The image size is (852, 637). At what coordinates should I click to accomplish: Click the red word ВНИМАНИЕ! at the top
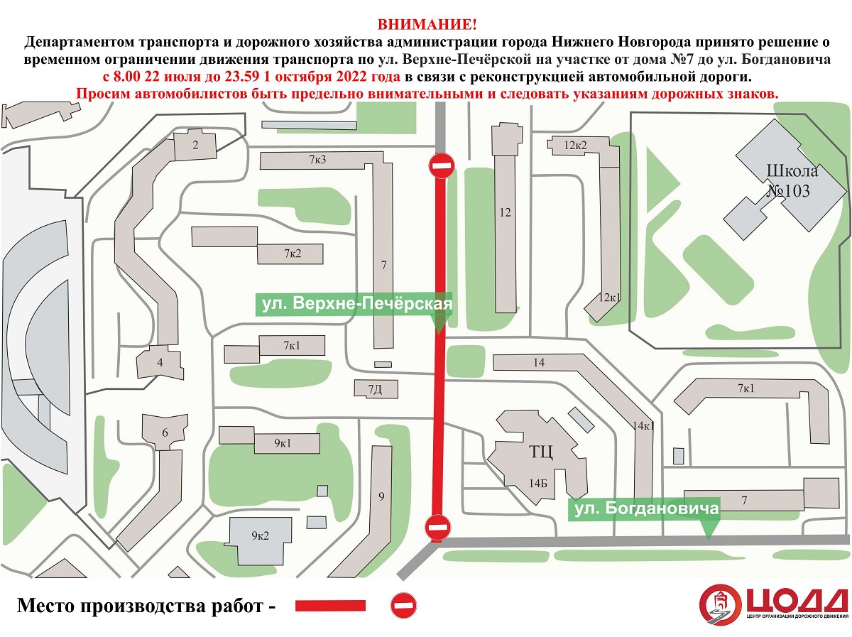(x=427, y=25)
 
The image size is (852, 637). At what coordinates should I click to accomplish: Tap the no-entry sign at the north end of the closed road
(x=442, y=165)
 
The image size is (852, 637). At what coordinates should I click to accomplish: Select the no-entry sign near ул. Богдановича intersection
(x=438, y=527)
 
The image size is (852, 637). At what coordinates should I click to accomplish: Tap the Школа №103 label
(x=792, y=181)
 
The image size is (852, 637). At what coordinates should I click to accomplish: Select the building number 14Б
(x=537, y=484)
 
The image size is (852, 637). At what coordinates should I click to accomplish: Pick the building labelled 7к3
(x=317, y=160)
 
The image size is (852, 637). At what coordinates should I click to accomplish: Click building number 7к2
(x=293, y=254)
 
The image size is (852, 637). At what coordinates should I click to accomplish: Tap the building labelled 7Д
(x=375, y=389)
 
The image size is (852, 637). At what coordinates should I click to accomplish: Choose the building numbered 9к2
(x=260, y=535)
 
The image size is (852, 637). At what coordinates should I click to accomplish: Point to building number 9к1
(x=283, y=443)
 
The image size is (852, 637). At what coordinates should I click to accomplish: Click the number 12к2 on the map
(x=575, y=145)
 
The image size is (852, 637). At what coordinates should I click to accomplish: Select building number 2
(x=195, y=145)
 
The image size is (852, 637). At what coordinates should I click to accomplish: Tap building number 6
(x=165, y=432)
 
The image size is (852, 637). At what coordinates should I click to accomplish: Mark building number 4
(x=160, y=363)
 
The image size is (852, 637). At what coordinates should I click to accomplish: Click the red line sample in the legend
(x=330, y=606)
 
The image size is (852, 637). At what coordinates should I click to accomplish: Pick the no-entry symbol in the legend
(x=404, y=605)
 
